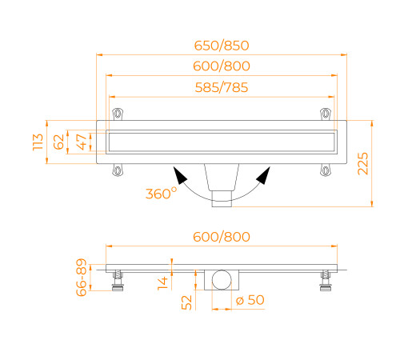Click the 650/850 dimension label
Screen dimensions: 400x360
222,46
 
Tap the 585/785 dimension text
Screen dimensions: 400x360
222,87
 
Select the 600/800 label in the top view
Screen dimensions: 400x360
222,66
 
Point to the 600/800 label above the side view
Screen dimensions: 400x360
222,237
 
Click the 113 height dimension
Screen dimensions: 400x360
38,142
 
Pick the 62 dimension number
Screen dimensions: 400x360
58,142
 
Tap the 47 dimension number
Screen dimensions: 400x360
82,142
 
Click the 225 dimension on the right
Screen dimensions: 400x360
362,163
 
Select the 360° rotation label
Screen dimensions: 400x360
162,193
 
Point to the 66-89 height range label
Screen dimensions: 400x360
82,278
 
